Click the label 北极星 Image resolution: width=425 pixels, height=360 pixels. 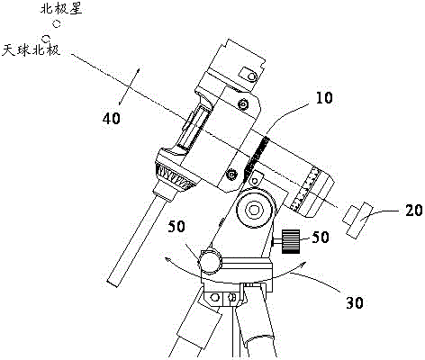pos(61,9)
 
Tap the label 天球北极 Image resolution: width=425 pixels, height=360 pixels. pos(32,49)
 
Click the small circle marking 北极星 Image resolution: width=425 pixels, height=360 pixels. pos(57,23)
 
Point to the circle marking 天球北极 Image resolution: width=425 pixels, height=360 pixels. pos(46,38)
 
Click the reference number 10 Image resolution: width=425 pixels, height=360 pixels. pos(324,98)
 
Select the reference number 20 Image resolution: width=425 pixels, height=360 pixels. pos(414,210)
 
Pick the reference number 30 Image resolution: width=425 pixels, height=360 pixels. pos(355,302)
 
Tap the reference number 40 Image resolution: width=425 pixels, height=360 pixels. pos(112,118)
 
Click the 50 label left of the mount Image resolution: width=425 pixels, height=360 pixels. pos(176,227)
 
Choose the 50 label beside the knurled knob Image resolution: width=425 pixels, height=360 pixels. pos(321,237)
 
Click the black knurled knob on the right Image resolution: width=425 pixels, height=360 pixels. pos(291,241)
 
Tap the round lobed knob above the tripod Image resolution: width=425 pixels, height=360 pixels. pos(210,261)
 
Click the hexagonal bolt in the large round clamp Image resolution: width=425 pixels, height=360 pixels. pos(255,209)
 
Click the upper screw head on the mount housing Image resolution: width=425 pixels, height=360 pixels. pos(242,104)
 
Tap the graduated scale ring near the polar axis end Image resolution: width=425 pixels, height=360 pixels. pos(305,189)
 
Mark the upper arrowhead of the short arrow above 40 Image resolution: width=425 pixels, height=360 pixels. pos(139,69)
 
